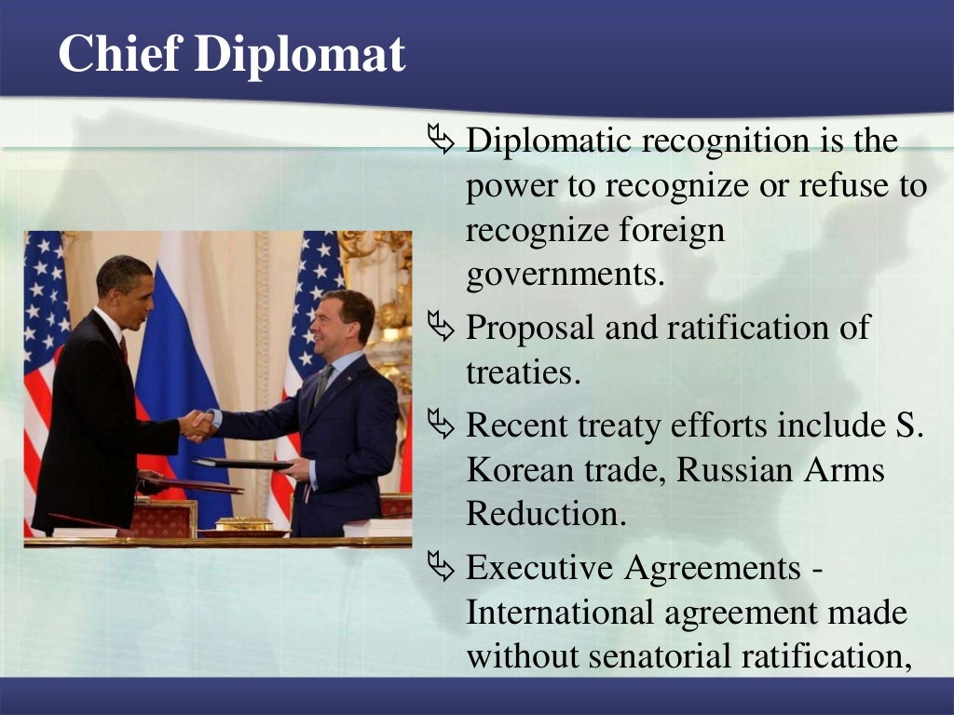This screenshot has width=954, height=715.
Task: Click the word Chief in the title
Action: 120,53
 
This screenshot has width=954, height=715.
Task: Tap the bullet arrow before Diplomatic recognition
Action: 441,139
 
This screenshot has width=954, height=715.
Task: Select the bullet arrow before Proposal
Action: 441,326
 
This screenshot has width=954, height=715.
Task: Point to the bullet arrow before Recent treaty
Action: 441,424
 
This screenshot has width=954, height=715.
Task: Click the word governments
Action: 566,276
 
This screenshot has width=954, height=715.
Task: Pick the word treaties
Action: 524,372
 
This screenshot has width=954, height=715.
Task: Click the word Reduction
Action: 546,514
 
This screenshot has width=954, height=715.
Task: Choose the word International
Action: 559,612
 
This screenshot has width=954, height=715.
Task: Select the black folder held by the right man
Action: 243,464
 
